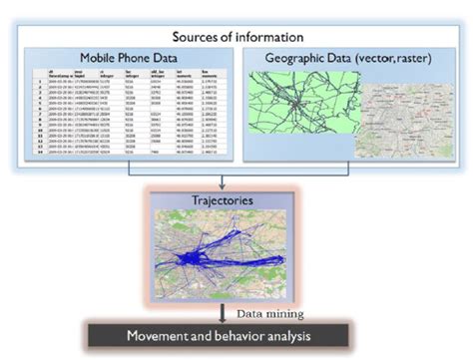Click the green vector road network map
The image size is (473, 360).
click(303, 110)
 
